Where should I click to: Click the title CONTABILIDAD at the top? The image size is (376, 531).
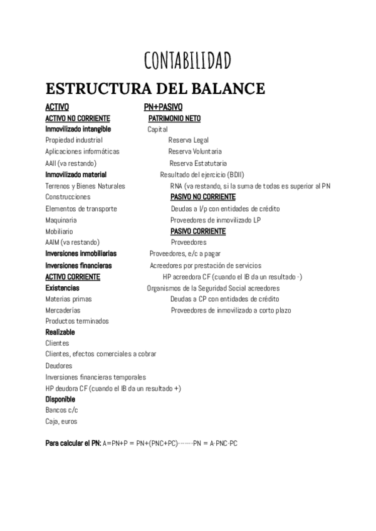187,60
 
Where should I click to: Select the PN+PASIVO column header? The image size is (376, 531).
164,107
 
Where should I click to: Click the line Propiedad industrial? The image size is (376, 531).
74,140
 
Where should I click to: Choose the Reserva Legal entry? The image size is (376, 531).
189,140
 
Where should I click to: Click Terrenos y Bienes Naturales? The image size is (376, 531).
85,186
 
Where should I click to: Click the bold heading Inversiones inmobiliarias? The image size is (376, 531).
81,254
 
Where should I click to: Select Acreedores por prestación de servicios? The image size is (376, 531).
206,265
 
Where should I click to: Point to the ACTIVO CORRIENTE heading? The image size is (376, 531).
73,277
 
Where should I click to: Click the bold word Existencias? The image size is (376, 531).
63,288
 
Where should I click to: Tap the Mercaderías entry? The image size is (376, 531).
63,311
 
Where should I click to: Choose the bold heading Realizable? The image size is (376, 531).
60,332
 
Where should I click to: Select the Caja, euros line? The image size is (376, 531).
61,421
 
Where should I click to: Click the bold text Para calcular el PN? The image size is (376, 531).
73,444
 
